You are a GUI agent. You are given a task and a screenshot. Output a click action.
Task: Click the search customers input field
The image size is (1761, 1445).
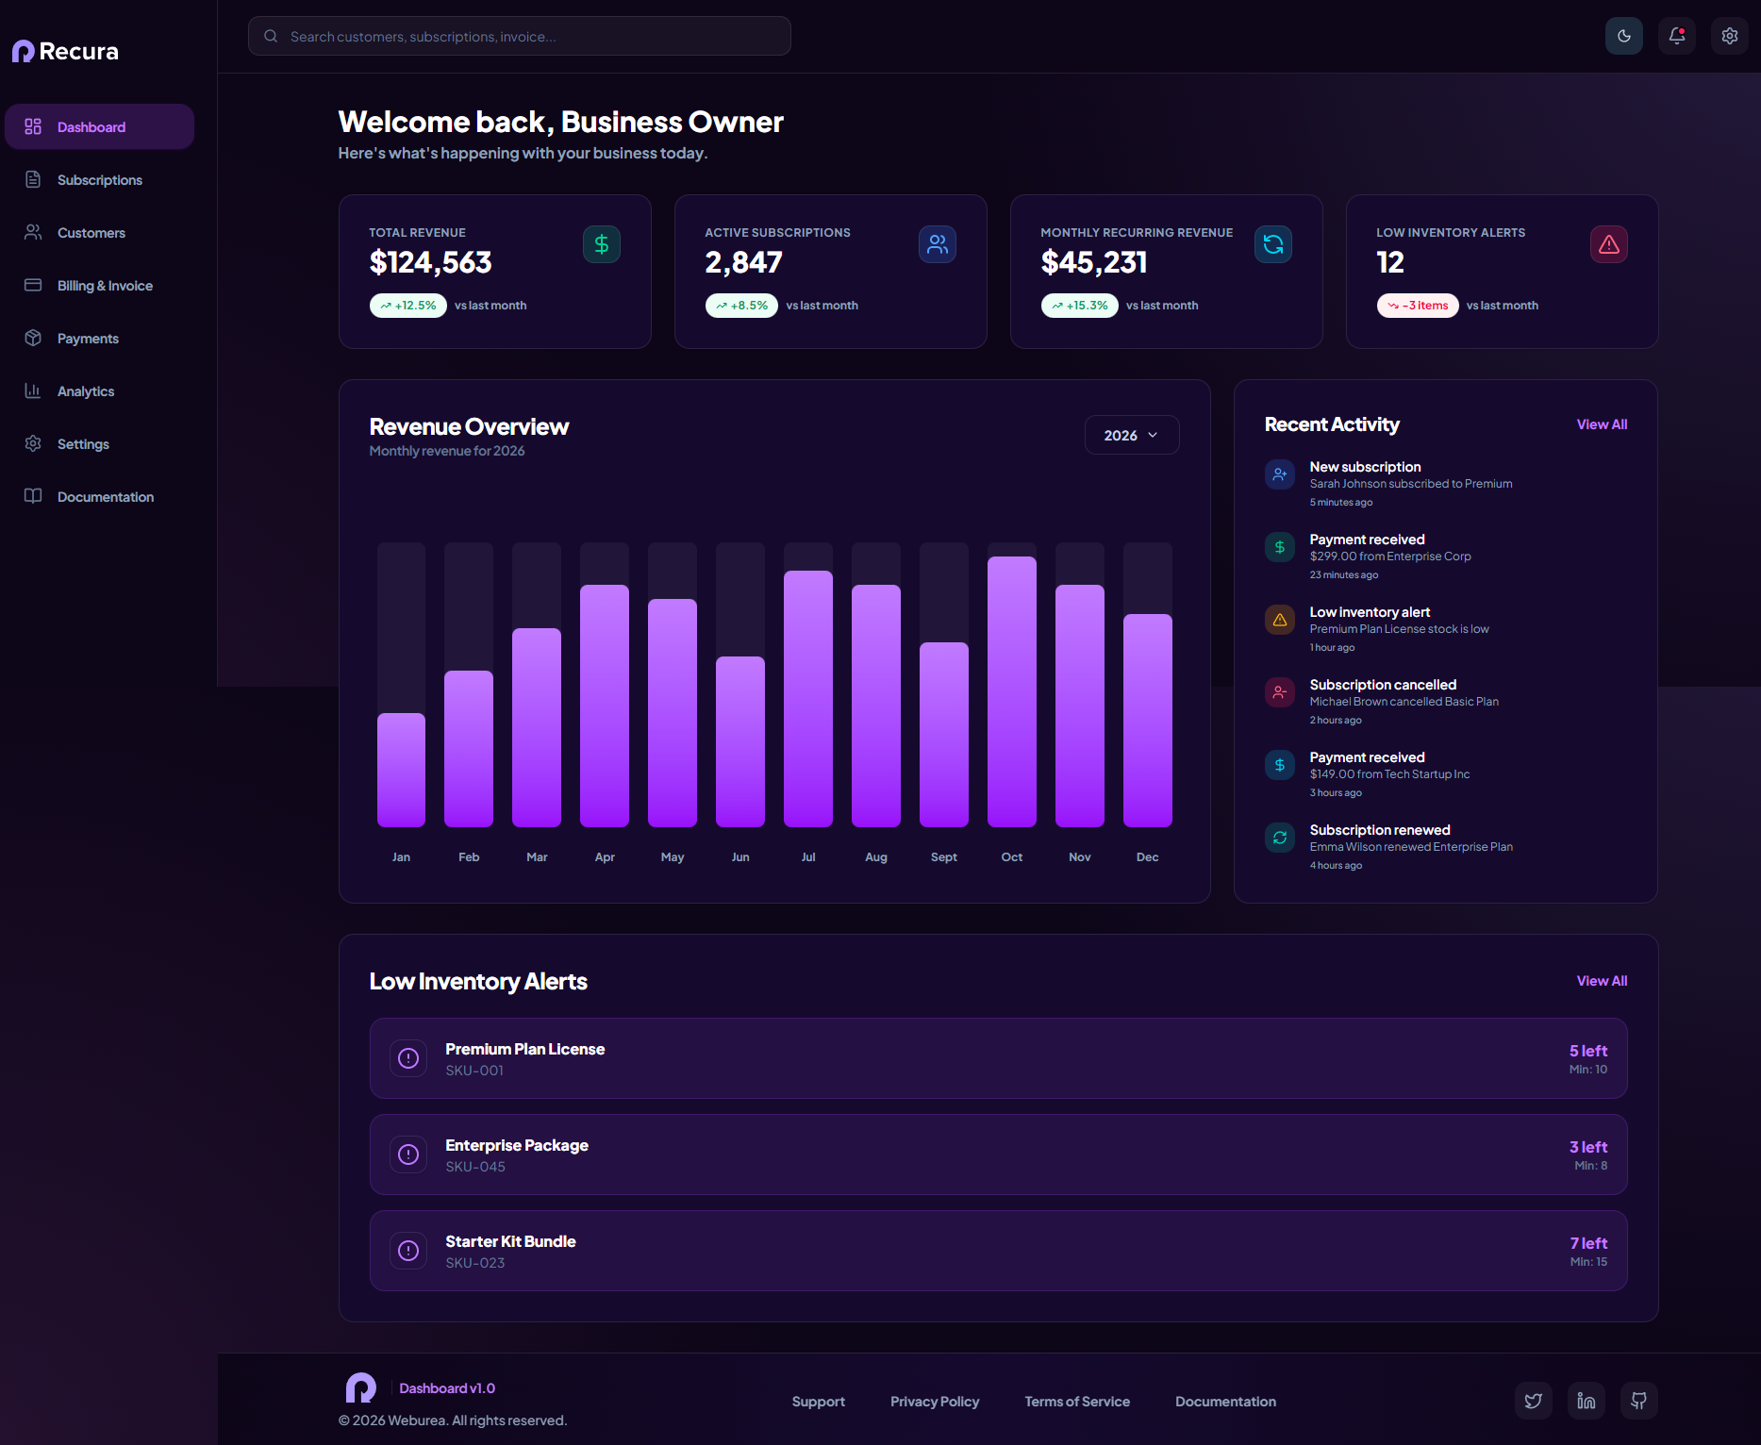click(519, 36)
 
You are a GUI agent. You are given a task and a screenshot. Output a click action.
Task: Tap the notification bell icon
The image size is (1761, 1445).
click(1676, 36)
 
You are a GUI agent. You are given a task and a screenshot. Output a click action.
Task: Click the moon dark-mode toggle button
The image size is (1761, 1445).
click(1623, 36)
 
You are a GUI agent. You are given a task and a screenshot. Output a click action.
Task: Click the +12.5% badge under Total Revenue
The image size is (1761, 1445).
click(408, 306)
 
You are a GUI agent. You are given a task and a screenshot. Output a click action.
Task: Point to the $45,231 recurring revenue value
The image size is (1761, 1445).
click(1094, 262)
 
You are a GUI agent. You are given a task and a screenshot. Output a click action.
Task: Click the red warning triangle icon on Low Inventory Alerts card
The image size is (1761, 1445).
click(1608, 244)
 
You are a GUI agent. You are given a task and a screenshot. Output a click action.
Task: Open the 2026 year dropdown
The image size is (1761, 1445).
click(1132, 435)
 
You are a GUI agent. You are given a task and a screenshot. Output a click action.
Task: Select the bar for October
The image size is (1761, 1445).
click(1011, 691)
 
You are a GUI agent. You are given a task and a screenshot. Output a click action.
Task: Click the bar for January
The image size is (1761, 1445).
click(401, 770)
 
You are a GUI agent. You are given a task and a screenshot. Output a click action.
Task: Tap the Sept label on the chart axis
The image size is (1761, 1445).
click(943, 857)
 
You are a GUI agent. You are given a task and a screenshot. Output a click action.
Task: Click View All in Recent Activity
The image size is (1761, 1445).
click(1602, 424)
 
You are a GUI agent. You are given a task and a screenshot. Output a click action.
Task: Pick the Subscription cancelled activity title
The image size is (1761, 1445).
click(1383, 685)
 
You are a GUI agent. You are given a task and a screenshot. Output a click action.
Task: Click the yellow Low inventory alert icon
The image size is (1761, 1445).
click(1280, 620)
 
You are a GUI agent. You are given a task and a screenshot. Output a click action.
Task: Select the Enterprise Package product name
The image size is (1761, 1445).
click(517, 1145)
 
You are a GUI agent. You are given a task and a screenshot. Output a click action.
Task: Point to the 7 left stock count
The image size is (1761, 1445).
click(1588, 1243)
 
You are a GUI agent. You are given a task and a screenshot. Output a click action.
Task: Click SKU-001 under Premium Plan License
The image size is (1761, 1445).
click(474, 1071)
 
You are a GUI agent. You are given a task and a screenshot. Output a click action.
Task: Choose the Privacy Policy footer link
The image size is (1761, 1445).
click(935, 1402)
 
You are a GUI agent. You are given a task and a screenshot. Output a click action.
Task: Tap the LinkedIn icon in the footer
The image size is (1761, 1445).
click(1586, 1401)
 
